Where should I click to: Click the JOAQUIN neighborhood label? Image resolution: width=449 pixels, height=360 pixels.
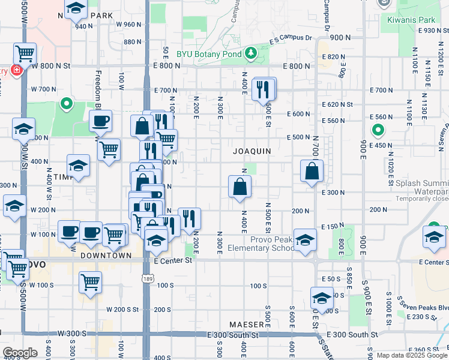pos(252,151)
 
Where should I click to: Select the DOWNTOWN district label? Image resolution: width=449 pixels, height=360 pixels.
pos(106,255)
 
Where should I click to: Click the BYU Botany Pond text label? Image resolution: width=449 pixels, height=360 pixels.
pos(208,53)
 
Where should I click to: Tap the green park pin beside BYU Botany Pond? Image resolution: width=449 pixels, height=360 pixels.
pos(250,55)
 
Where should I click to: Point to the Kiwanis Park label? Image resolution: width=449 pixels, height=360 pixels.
pos(411,19)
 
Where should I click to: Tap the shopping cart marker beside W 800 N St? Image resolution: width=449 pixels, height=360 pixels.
pos(25,53)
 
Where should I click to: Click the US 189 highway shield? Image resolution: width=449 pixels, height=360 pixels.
pos(146,279)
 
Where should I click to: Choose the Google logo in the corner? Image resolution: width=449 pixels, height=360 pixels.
pos(20,353)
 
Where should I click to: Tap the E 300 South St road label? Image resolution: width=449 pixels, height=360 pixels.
pos(352,334)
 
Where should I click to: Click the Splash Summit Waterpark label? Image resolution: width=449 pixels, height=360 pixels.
pos(420,185)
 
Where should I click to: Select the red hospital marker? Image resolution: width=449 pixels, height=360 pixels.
pos(16,70)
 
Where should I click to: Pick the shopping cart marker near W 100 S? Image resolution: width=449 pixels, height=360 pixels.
pos(90,281)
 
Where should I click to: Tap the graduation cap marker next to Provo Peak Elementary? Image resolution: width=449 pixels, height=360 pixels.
pos(305,240)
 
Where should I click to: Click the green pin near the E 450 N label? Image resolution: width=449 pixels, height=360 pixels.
pos(378,130)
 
